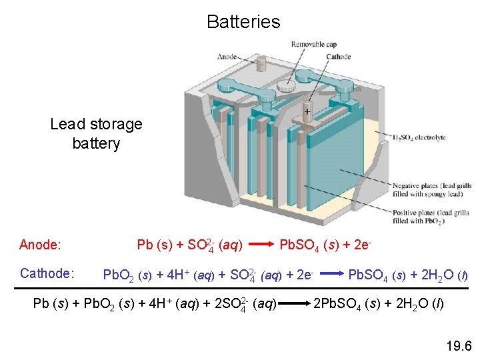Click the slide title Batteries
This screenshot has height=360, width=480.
243,21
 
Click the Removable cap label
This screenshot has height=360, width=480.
313,45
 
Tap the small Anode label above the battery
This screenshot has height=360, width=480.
227,57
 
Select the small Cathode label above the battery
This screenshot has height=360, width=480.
338,57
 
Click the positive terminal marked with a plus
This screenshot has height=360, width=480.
307,111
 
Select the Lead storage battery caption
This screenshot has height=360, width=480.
96,133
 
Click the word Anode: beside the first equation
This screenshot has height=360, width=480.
41,245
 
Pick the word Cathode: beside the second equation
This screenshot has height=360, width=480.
47,273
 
